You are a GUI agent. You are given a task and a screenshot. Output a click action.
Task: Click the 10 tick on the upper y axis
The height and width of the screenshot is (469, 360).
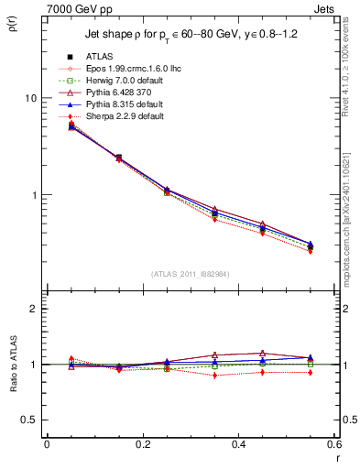point(29,98)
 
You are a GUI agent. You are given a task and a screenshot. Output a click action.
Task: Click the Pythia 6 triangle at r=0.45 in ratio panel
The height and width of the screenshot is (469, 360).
point(262,353)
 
